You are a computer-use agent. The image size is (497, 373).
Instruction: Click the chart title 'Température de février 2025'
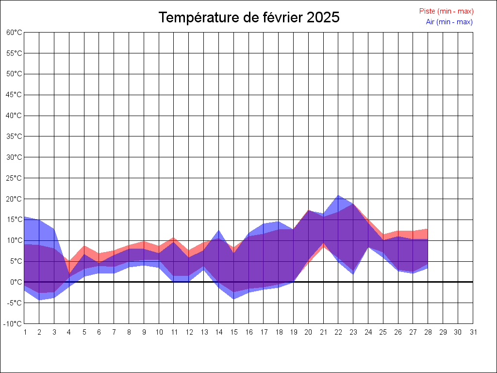coord(249,17)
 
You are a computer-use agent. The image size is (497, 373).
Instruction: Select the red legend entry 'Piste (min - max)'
coord(446,11)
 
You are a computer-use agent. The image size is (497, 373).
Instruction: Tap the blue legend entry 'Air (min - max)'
coord(449,22)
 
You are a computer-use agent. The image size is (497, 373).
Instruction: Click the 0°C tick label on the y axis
coord(16,282)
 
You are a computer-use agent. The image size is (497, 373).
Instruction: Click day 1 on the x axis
coord(24,332)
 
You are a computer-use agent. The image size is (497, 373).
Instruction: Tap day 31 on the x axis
coord(473,332)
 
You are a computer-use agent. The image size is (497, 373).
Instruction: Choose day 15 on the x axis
coord(233,332)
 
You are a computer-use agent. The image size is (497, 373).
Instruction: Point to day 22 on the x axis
coord(338,332)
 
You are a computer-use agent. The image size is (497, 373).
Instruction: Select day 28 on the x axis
coord(428,332)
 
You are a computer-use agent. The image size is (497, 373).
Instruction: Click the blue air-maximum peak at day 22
coord(338,195)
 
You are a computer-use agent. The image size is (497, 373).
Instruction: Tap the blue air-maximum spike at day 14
coord(218,230)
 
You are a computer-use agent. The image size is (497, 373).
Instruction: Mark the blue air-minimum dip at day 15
coord(233,299)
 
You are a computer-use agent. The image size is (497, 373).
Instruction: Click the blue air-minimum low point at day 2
coord(39,300)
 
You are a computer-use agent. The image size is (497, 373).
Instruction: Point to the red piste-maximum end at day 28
coord(427,229)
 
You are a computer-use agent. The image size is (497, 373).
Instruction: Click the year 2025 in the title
coord(323,17)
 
